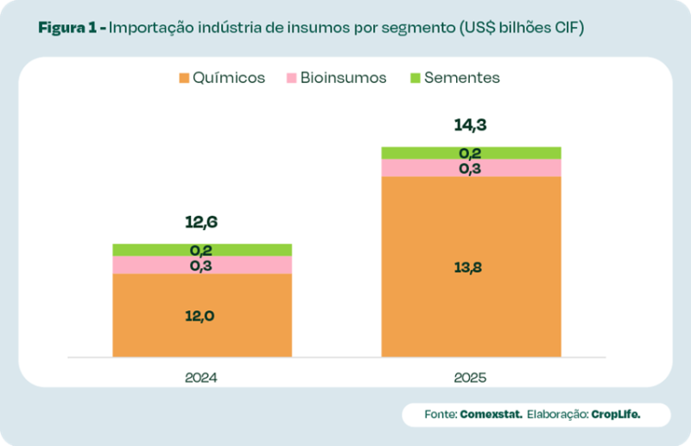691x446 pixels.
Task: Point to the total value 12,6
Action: pyautogui.click(x=201, y=223)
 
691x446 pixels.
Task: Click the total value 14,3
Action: pyautogui.click(x=471, y=125)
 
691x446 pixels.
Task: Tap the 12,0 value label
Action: pyautogui.click(x=200, y=315)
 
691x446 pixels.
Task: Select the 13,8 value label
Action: pyautogui.click(x=471, y=267)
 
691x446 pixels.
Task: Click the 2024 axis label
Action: pyautogui.click(x=201, y=378)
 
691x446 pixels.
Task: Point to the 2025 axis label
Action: pyautogui.click(x=471, y=378)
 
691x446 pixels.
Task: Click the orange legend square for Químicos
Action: pyautogui.click(x=184, y=79)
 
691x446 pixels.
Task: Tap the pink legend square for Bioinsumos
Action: pyautogui.click(x=291, y=79)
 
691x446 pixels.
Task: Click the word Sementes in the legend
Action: pyautogui.click(x=462, y=79)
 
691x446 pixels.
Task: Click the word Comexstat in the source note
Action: pyautogui.click(x=491, y=415)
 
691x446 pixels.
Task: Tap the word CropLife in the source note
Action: pyautogui.click(x=616, y=415)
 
